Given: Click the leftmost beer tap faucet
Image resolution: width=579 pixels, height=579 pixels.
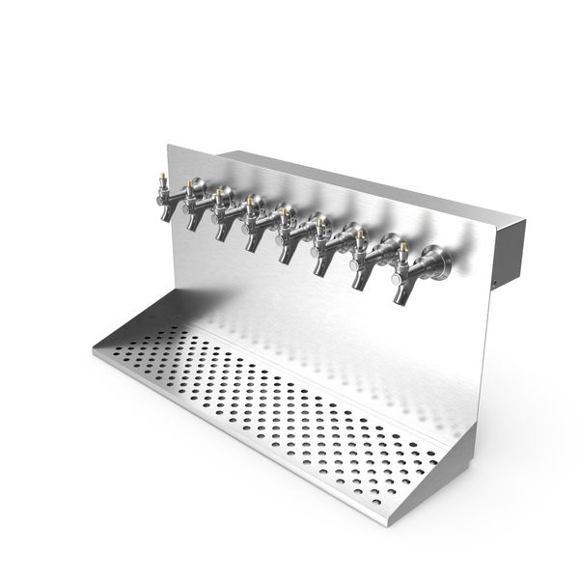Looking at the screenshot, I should click(166, 199).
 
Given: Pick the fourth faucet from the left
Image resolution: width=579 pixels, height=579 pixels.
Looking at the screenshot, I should click(255, 227).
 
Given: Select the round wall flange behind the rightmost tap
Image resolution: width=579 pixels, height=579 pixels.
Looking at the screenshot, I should click(436, 262).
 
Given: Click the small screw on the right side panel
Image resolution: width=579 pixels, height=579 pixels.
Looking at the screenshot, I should click(494, 283).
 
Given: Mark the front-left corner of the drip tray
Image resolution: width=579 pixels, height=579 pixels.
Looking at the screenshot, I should click(96, 348).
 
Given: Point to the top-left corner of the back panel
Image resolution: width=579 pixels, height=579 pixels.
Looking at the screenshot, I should click(168, 147).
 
